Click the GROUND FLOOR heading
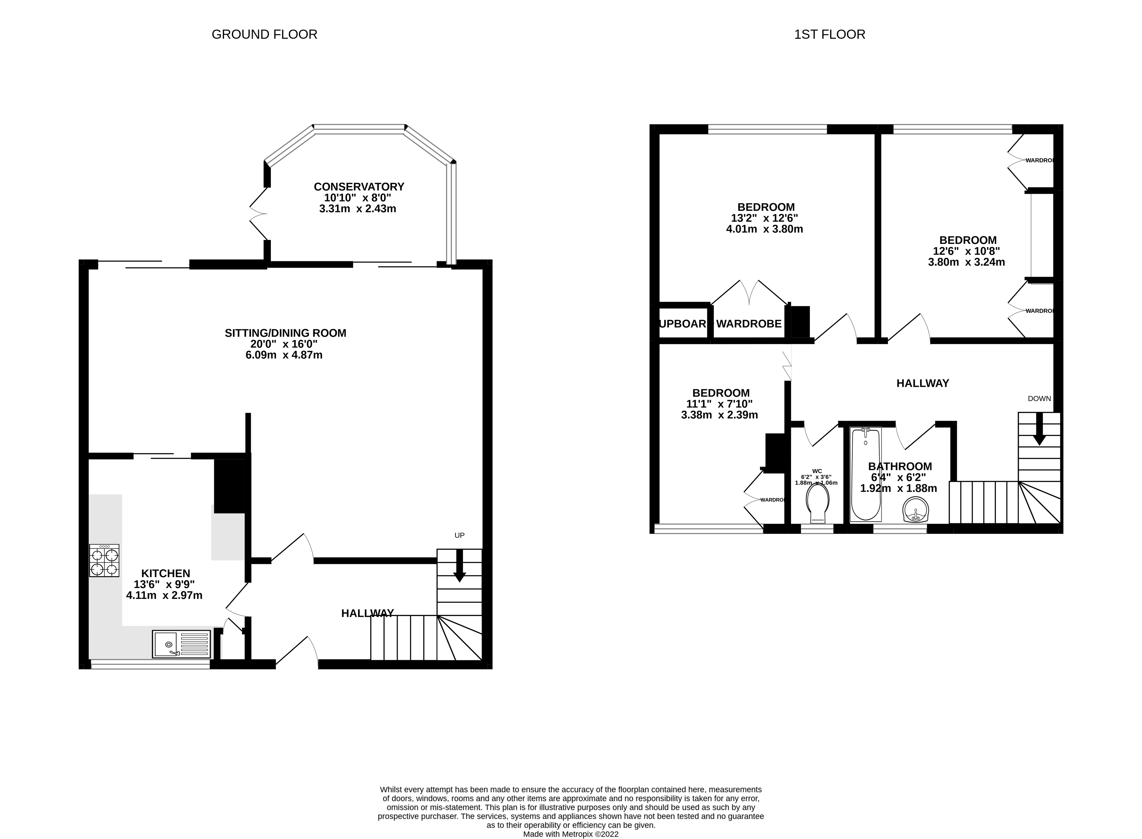pos(264,35)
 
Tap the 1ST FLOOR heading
pos(829,35)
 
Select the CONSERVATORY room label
pos(359,186)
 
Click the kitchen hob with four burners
pos(104,561)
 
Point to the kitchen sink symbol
pos(181,644)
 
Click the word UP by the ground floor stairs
pos(459,535)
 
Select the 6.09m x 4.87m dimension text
pos(284,355)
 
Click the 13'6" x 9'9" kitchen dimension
pos(164,584)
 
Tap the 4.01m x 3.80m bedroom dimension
pos(765,229)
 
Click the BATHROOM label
pos(900,466)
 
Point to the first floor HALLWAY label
pos(923,384)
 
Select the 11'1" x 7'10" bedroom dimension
pos(719,404)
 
